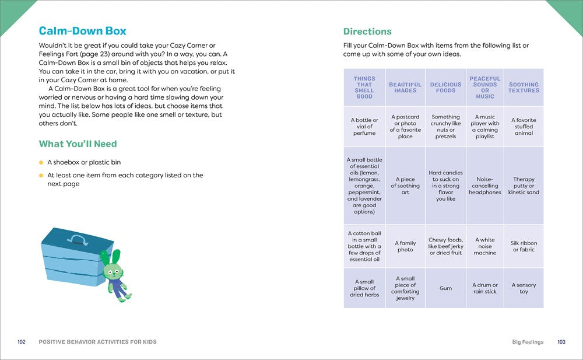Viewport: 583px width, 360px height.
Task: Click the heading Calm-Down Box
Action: [82, 32]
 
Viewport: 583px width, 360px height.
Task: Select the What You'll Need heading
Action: [78, 144]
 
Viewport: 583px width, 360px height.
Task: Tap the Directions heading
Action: [367, 32]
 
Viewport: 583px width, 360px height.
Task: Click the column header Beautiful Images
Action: [405, 88]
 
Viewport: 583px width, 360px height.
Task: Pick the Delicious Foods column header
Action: [445, 88]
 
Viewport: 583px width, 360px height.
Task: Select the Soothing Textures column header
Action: [524, 88]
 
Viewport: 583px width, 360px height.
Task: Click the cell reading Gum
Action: [445, 288]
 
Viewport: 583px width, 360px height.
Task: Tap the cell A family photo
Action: [405, 246]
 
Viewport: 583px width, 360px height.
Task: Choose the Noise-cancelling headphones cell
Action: [484, 186]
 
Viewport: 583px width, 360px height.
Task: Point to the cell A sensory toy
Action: [524, 288]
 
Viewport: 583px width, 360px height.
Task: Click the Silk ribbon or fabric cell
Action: [524, 246]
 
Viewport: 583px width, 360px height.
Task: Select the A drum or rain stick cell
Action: [484, 288]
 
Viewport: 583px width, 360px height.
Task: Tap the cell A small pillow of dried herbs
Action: [364, 288]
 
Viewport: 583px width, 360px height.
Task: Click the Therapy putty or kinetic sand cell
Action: [524, 186]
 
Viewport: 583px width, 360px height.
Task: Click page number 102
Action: [22, 342]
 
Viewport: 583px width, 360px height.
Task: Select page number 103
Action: [561, 342]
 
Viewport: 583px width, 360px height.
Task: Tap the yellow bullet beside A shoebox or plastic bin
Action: [41, 162]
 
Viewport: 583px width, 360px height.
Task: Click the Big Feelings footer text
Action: [528, 342]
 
